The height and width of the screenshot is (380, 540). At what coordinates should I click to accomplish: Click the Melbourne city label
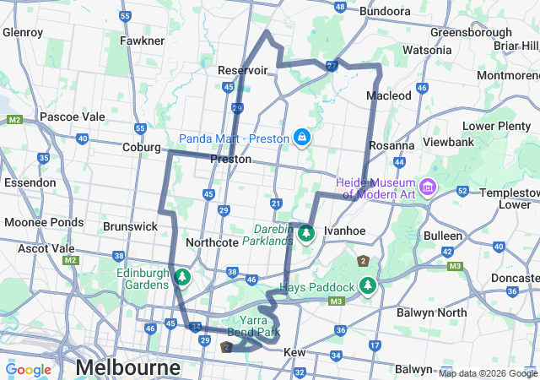click(127, 367)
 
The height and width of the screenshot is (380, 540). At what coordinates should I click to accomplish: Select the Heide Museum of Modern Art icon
click(428, 185)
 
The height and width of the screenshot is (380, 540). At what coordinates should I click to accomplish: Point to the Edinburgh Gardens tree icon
click(181, 276)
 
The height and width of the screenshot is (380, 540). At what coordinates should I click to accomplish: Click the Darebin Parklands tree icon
click(305, 231)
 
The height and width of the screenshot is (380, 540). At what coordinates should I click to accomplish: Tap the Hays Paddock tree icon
click(367, 287)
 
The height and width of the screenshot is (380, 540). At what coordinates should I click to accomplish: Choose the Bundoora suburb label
click(385, 11)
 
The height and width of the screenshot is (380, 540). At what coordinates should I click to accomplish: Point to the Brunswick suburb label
click(130, 226)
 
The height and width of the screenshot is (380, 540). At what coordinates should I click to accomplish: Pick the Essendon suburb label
click(30, 182)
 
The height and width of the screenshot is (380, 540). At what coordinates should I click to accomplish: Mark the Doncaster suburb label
click(514, 277)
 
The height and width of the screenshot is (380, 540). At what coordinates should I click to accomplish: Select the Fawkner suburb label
click(142, 41)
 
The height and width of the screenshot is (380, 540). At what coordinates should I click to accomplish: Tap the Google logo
click(29, 370)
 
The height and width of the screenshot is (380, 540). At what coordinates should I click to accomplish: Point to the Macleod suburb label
click(389, 95)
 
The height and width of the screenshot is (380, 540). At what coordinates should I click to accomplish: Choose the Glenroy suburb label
click(23, 32)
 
